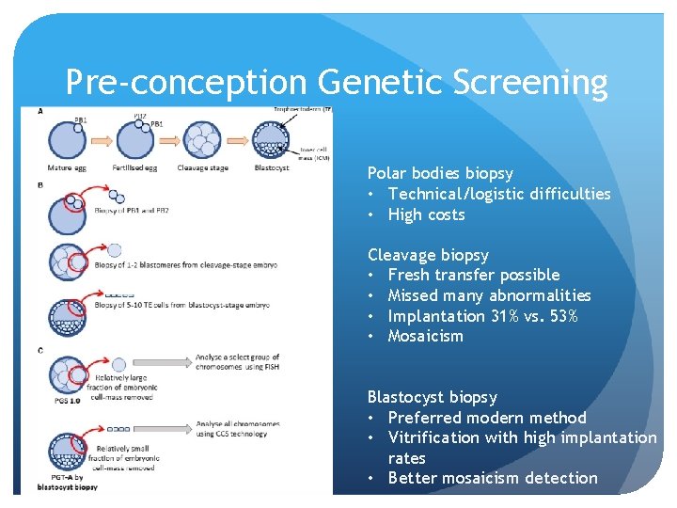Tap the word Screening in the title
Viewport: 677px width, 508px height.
click(529, 83)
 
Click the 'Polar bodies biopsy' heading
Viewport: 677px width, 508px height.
click(440, 173)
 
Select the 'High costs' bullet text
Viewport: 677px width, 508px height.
click(426, 214)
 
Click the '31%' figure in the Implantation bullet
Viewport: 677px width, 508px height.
click(499, 316)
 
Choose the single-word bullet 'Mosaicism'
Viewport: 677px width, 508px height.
click(425, 336)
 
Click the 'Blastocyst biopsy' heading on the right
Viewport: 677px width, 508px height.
click(433, 397)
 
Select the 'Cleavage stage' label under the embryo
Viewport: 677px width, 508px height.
click(203, 168)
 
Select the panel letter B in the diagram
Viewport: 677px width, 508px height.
click(40, 185)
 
